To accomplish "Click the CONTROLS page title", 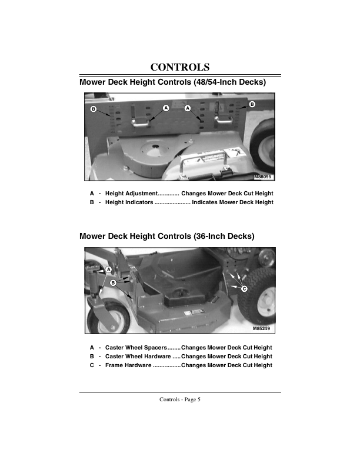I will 180,66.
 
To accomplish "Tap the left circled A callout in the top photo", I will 166,108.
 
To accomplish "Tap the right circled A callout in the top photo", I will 188,108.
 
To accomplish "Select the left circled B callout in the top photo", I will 93,109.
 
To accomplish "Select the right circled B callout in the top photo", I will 252,104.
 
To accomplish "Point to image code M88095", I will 264,177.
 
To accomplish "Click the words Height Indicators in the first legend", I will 129,202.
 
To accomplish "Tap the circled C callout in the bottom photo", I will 244,288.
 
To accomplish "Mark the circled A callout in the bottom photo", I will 109,269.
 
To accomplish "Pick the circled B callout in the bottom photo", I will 113,282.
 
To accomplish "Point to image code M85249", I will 263,329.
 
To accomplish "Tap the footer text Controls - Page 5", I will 180,400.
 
